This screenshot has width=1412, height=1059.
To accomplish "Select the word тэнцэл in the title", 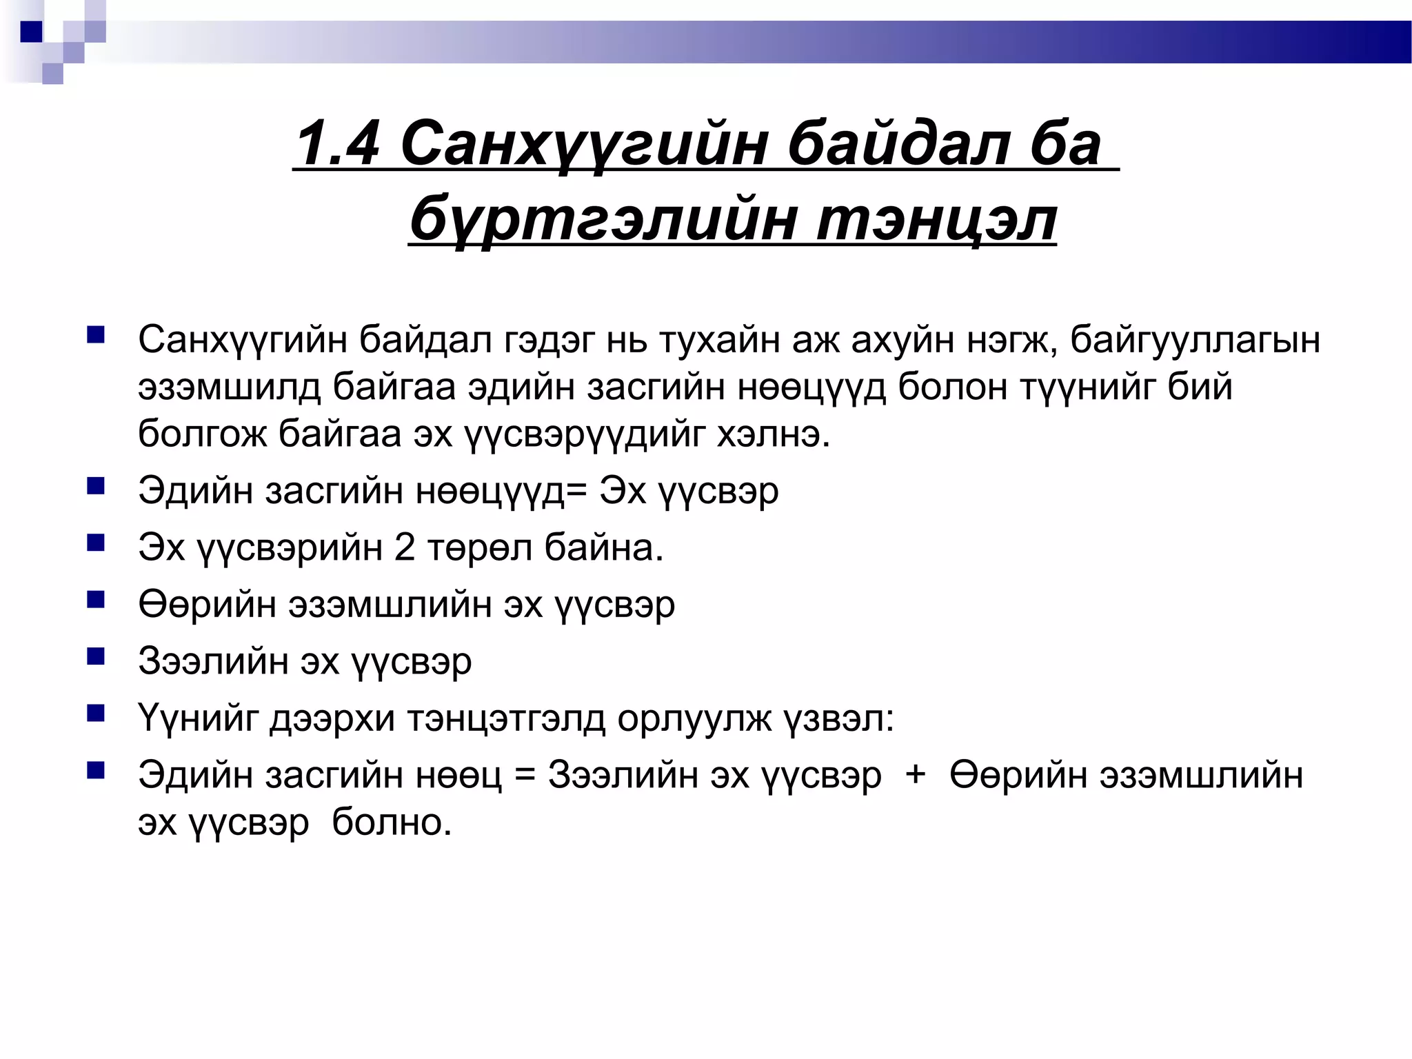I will pos(936,219).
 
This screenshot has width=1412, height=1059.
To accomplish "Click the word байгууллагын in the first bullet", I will pos(1195,339).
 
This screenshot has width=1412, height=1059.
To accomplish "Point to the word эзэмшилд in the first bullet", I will pos(229,387).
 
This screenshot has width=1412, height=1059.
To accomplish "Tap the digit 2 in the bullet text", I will pos(405,547).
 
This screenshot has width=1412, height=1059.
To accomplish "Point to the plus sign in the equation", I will pos(916,774).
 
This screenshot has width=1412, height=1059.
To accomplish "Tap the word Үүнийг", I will pos(198,718).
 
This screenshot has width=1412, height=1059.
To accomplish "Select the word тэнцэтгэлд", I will pos(506,718).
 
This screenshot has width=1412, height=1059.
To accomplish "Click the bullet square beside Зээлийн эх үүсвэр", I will pos(95,656).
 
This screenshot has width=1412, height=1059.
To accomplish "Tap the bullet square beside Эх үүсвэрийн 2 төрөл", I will pos(95,543).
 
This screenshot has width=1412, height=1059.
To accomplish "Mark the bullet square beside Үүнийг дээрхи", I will pos(95,712).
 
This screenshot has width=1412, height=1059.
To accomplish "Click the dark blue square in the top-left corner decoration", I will pos(32,32).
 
